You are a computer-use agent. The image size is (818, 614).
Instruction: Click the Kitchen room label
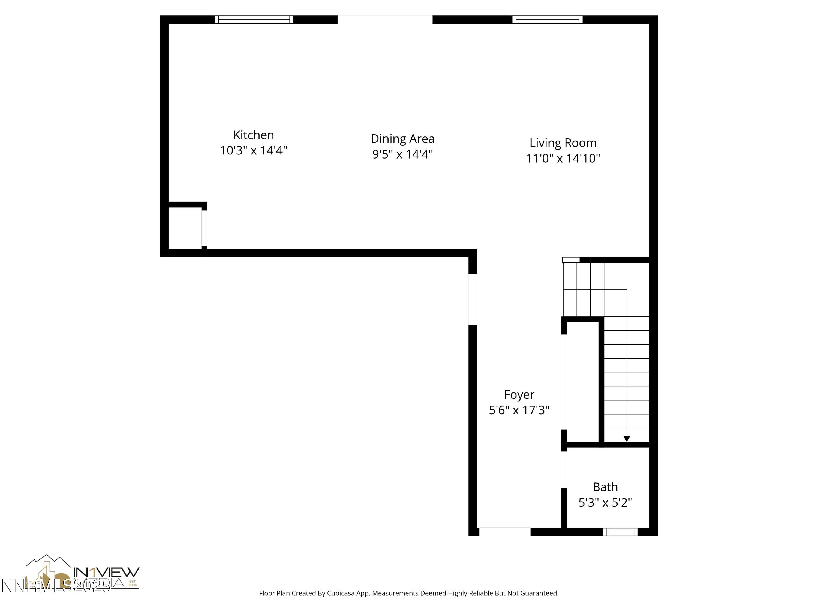[x=253, y=135]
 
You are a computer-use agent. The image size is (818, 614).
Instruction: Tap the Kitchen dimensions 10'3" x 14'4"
[x=253, y=151]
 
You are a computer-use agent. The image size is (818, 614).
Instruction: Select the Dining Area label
[x=402, y=139]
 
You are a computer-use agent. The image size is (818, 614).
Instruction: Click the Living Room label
[x=563, y=143]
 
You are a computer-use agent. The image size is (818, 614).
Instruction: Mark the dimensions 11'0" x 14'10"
[x=563, y=158]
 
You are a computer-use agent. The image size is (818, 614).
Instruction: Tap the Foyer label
[x=519, y=395]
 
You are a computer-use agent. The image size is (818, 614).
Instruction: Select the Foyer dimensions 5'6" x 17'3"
[x=519, y=410]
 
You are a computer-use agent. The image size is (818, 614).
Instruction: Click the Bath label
[x=605, y=487]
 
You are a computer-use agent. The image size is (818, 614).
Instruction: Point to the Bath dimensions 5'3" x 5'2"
[x=605, y=503]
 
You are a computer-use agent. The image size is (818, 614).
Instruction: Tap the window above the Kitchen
[x=254, y=20]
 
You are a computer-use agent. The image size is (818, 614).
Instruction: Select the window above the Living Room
[x=547, y=20]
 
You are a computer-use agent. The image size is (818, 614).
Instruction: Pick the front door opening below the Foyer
[x=504, y=532]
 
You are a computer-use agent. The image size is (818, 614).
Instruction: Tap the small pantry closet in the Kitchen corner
[x=185, y=228]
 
